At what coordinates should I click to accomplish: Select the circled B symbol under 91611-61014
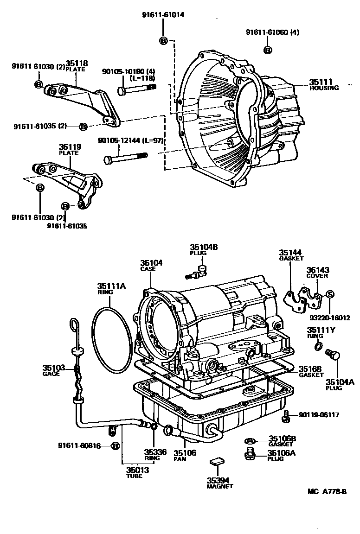click(163, 41)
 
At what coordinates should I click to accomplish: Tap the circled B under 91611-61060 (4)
click(268, 50)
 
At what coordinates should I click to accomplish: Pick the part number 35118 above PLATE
click(77, 64)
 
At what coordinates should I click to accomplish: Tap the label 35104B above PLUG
click(203, 248)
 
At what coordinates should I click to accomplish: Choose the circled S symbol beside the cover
click(330, 295)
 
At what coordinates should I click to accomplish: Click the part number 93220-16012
click(331, 318)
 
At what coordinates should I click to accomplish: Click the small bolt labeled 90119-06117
click(286, 416)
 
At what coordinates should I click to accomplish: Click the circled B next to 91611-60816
click(115, 446)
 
